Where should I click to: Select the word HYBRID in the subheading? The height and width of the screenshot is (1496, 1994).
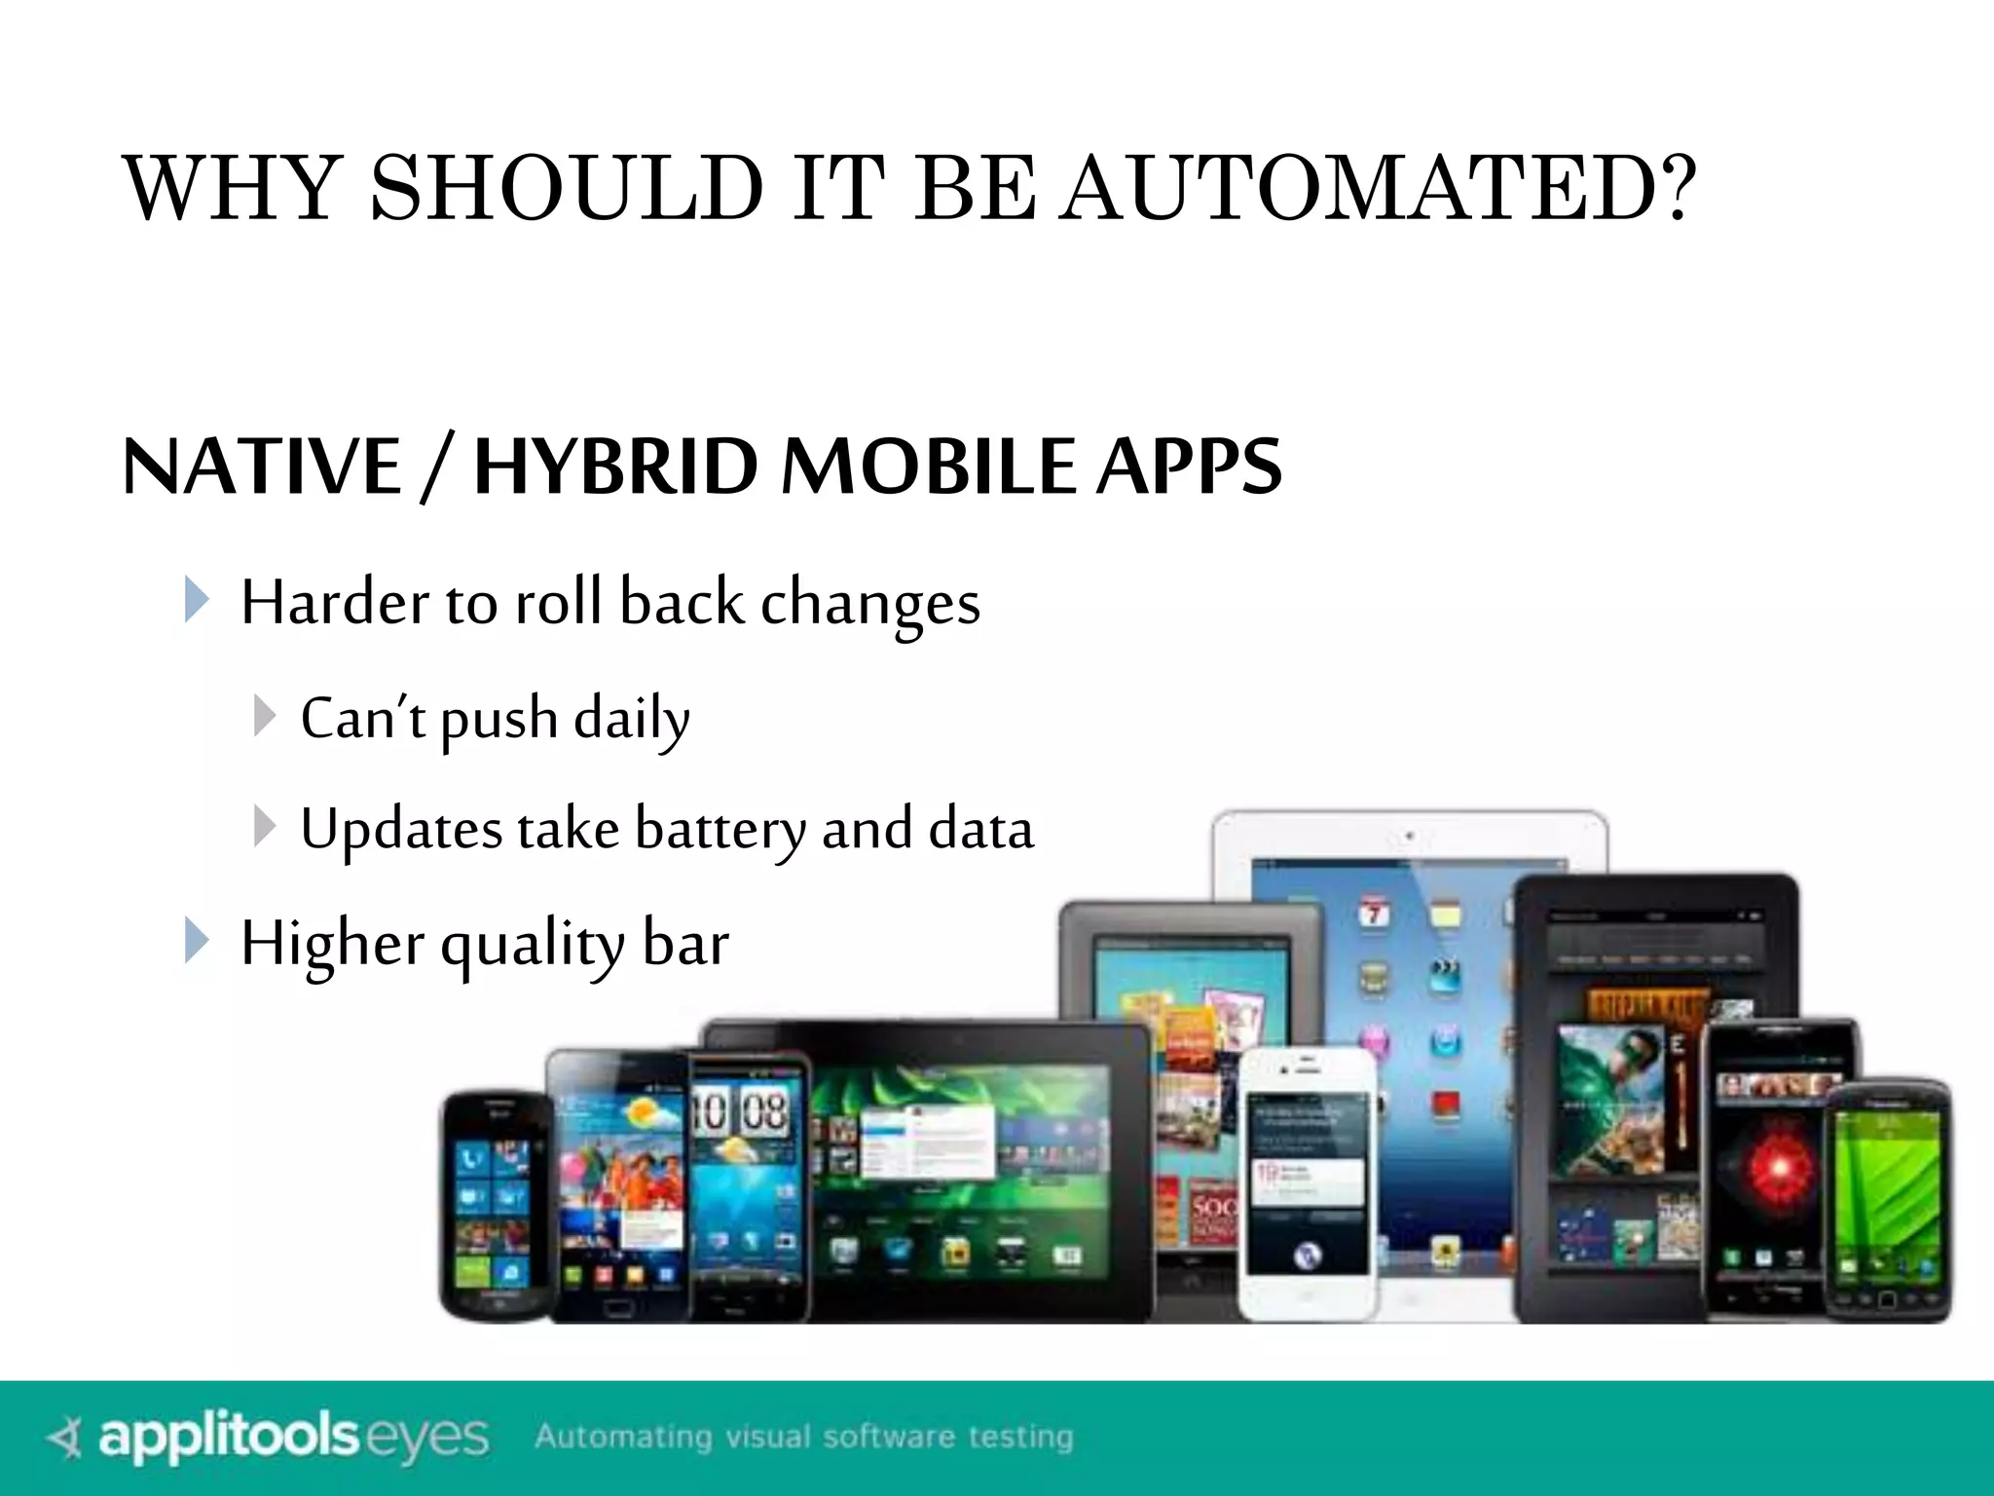tap(615, 467)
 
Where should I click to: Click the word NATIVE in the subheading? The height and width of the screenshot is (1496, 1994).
tap(261, 467)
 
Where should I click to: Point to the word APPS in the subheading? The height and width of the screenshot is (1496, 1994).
tap(1189, 467)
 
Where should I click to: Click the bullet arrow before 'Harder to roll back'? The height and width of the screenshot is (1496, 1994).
tap(197, 600)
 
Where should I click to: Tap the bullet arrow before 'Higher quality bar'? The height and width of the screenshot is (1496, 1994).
tap(197, 941)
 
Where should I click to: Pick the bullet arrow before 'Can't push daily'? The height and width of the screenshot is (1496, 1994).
tap(263, 716)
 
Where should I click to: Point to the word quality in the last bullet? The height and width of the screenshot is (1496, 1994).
tap(532, 945)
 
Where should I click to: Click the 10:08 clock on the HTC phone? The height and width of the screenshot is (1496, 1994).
tap(740, 1110)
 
